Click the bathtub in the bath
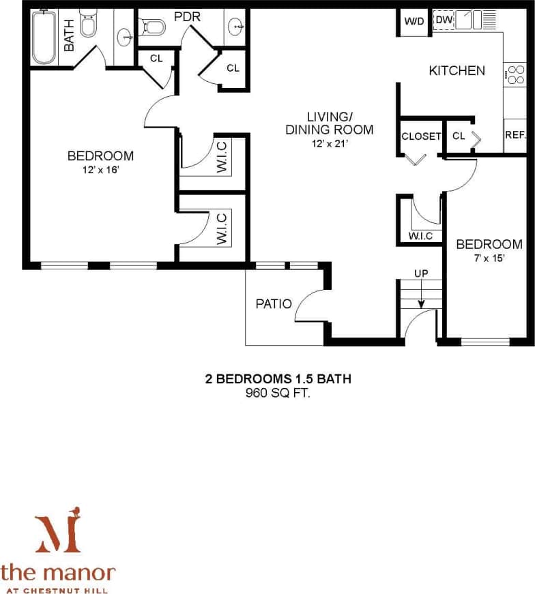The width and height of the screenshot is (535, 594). (x=44, y=38)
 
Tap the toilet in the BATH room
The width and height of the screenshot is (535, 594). (x=88, y=25)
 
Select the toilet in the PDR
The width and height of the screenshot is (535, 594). (x=154, y=27)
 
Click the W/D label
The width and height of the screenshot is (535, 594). (x=414, y=21)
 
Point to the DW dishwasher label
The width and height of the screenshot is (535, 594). (x=444, y=20)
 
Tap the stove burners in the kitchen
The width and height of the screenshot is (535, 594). (x=515, y=73)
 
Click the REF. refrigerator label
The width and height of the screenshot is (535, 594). (x=515, y=135)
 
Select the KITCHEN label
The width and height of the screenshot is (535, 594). (x=457, y=70)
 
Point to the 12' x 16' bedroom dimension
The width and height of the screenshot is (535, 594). (x=100, y=170)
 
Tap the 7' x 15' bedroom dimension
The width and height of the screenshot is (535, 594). (x=489, y=258)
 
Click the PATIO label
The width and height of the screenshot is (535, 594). (x=274, y=303)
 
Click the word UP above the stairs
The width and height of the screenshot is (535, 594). (x=421, y=273)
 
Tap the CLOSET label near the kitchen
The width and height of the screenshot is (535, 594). (x=421, y=136)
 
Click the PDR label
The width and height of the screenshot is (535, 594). (x=186, y=16)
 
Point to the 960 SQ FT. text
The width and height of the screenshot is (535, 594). (x=278, y=393)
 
